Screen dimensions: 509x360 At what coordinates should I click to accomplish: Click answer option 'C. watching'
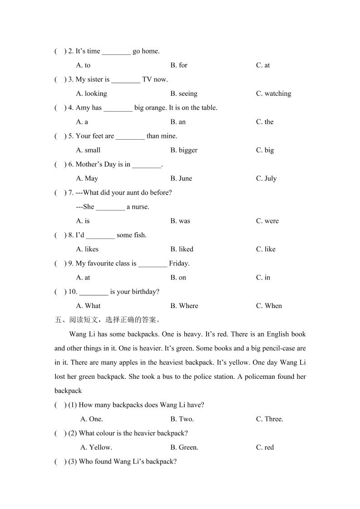(x=273, y=93)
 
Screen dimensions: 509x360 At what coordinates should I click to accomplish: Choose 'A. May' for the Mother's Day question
(x=87, y=178)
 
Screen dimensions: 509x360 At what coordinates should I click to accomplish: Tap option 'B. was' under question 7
(x=180, y=221)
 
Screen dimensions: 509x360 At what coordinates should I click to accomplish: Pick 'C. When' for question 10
(x=269, y=306)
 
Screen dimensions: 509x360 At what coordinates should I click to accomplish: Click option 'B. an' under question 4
(x=178, y=122)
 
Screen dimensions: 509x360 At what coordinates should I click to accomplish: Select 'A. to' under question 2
(x=83, y=65)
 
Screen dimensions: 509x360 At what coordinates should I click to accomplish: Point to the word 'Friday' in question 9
(x=178, y=263)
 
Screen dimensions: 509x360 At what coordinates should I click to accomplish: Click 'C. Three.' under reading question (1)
(x=270, y=419)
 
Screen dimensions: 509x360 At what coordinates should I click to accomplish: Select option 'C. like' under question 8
(x=266, y=249)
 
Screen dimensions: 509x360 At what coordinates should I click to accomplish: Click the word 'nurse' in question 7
(x=140, y=207)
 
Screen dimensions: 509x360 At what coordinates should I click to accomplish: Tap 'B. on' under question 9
(x=178, y=278)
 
